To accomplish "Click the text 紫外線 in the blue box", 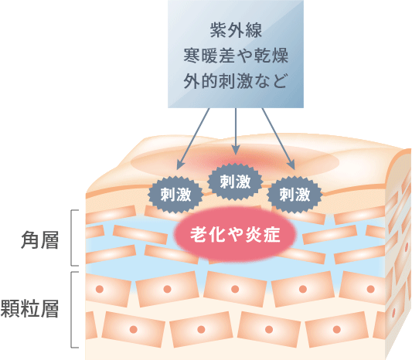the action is pos(236,30).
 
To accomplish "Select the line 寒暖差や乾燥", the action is pos(236,56).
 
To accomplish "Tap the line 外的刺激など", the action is pos(235,80).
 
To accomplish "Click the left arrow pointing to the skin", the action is pos(193,138).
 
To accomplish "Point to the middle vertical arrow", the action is pos(236,131).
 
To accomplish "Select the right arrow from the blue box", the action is pos(278,138).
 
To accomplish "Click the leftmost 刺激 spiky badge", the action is pos(175,195).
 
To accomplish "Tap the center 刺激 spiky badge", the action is pos(235,182).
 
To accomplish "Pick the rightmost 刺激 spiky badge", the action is pos(295,195).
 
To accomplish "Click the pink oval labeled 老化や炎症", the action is pos(235,234).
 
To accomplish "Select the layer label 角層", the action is pos(39,239).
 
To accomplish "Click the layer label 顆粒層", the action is pos(29,308).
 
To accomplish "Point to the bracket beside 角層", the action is pos(71,238).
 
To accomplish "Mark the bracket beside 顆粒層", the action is pos(71,310).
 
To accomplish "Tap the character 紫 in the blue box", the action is pos(218,30).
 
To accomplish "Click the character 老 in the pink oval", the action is pos(199,234).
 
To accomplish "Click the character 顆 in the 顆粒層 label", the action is pos(11,308).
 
